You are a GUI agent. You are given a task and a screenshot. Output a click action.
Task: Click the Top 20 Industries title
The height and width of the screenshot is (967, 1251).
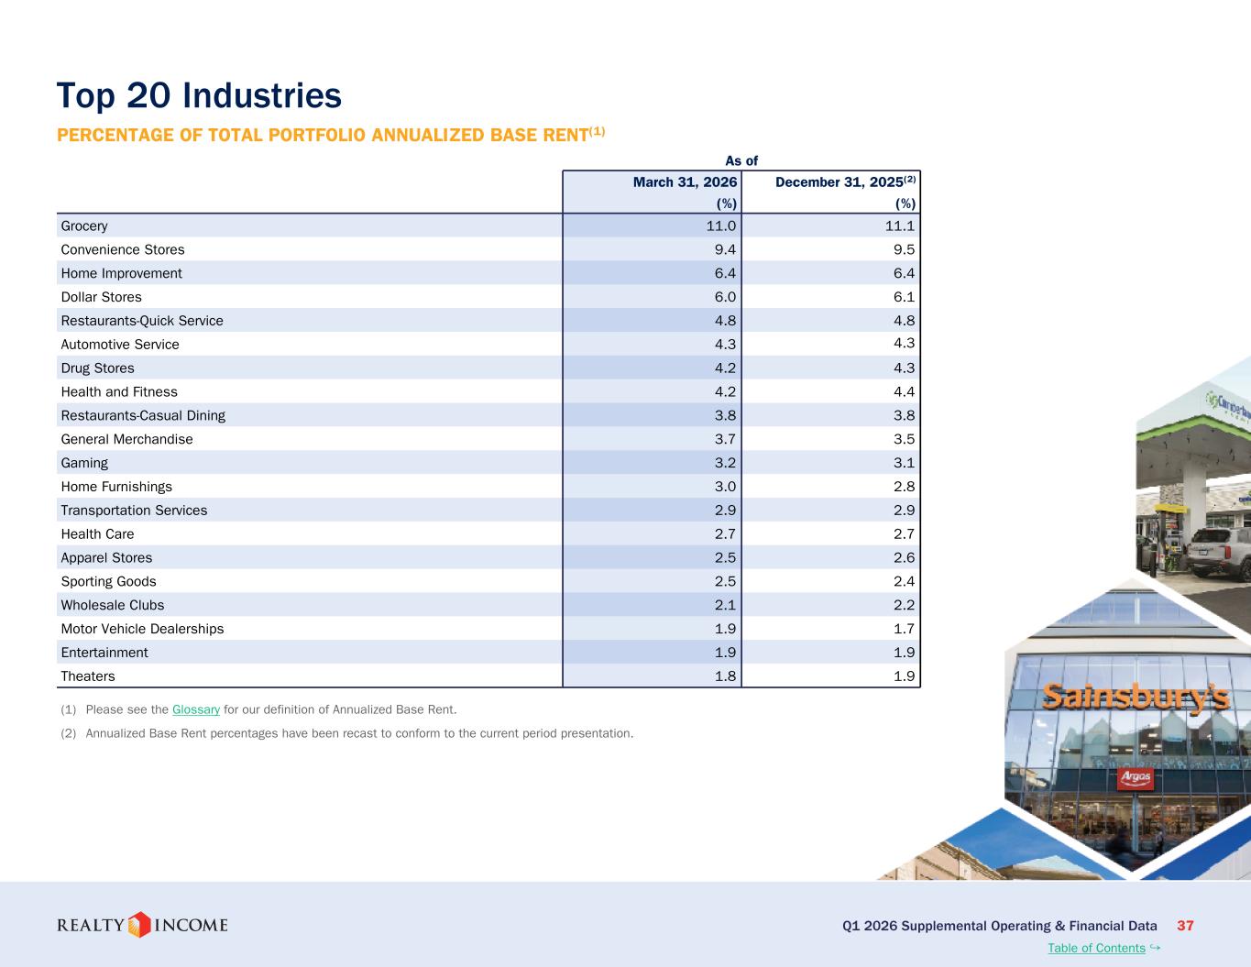tap(199, 95)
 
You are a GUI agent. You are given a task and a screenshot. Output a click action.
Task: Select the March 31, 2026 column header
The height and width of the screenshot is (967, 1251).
tap(685, 181)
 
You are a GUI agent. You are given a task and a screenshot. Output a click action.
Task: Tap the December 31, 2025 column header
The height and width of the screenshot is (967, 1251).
tap(845, 181)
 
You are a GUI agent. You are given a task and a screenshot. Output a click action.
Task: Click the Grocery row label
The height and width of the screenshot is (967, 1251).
tap(84, 225)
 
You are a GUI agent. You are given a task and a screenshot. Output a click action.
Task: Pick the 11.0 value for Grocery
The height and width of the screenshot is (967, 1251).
tap(720, 225)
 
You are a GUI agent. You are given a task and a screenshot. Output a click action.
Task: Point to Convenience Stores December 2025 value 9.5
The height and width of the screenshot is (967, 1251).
tap(904, 249)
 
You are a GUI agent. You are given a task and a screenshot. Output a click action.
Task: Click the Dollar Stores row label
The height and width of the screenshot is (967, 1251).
tap(102, 297)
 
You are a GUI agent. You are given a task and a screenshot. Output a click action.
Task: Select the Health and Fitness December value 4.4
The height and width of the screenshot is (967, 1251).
tap(904, 391)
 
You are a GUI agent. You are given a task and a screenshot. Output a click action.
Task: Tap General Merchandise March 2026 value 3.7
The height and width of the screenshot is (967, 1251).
tap(725, 439)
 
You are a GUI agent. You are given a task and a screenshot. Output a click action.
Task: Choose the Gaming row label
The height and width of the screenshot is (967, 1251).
tap(84, 463)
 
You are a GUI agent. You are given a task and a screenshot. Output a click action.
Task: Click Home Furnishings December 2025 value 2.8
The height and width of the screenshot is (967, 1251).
tap(904, 487)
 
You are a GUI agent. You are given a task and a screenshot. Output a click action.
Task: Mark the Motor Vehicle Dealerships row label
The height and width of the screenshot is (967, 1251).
tap(142, 629)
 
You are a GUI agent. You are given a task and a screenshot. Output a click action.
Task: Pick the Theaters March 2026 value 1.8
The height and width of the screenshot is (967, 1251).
tap(725, 676)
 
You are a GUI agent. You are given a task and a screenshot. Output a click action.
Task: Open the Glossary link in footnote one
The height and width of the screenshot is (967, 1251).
tap(196, 709)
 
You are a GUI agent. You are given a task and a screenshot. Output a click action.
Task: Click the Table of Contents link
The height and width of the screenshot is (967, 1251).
tap(1096, 948)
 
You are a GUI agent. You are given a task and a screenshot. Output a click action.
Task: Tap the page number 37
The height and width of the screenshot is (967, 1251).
tap(1185, 926)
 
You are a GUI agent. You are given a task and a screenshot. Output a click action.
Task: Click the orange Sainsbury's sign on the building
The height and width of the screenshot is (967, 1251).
tap(1136, 698)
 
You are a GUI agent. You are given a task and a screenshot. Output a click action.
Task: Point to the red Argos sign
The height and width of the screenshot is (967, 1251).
tap(1136, 778)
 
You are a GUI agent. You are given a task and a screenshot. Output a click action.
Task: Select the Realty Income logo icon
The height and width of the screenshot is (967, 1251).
tap(139, 925)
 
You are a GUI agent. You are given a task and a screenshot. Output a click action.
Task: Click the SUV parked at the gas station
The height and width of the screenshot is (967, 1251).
tap(1219, 551)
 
